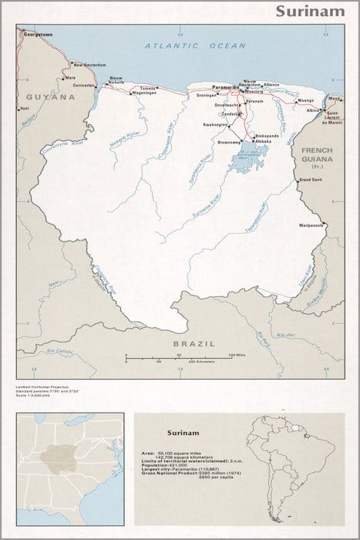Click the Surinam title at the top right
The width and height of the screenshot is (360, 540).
coord(311,11)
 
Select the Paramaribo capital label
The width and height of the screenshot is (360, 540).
coord(224,87)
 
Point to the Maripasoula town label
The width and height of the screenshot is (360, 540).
coord(312,226)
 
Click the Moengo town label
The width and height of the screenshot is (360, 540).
coord(306,100)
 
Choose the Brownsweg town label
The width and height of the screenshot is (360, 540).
coord(229,143)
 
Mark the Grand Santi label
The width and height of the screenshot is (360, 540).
coord(311,180)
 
